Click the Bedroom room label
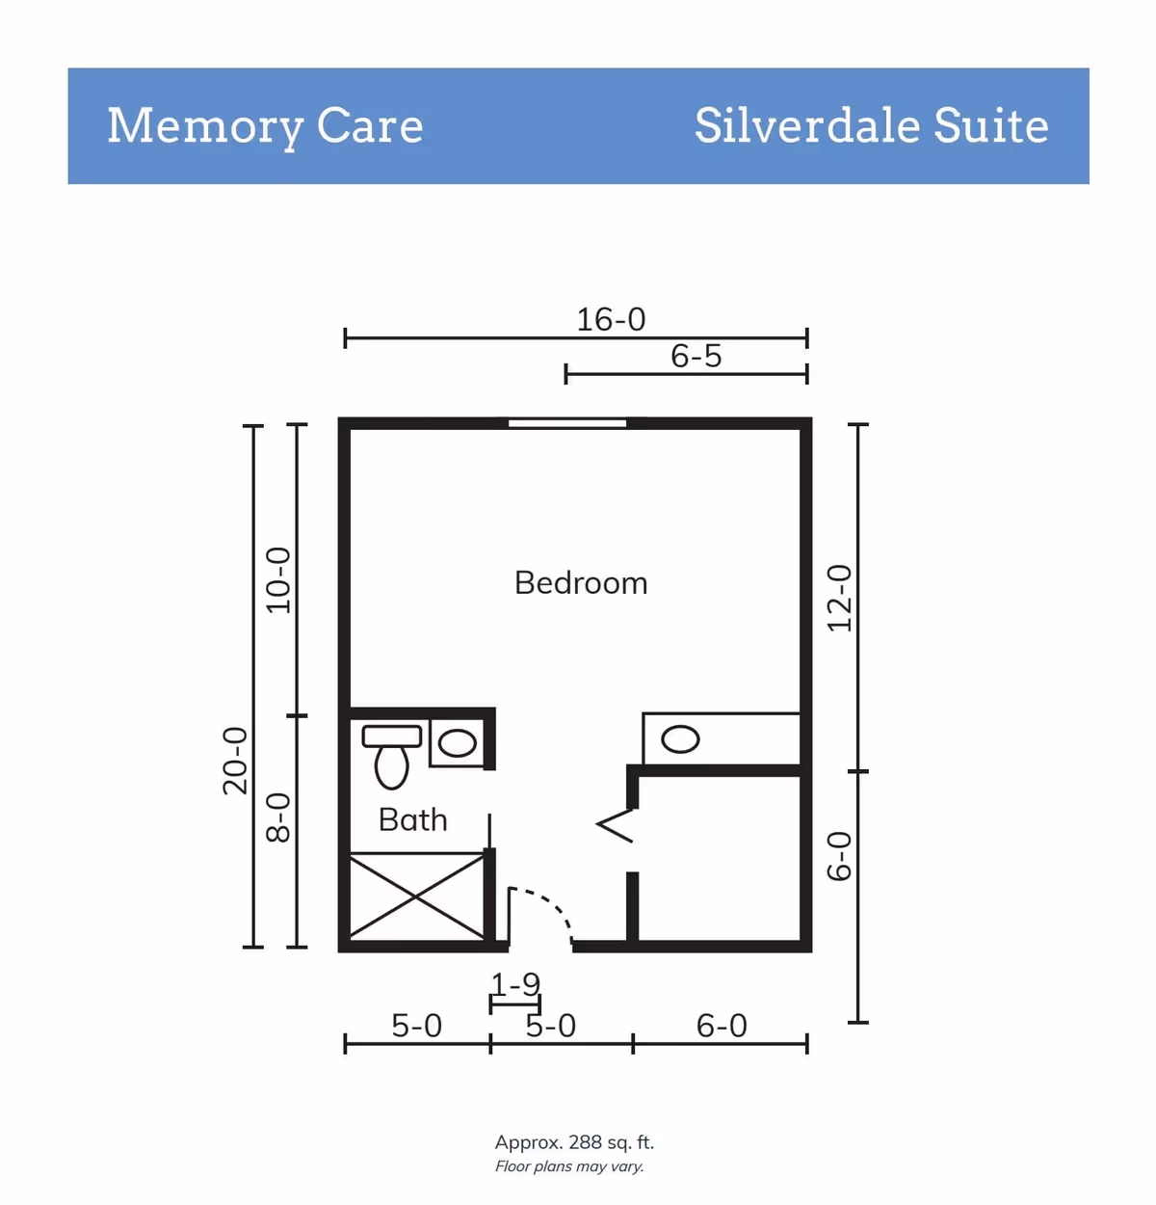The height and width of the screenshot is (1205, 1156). coord(581,583)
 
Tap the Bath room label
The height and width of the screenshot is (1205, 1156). coord(412,819)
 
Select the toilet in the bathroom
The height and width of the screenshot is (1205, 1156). coord(392,757)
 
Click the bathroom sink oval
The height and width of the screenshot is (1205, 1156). coord(458,743)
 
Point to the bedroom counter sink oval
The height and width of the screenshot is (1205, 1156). coord(680,738)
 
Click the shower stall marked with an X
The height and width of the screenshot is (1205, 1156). coord(417,896)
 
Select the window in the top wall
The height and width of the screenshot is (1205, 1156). coord(567,423)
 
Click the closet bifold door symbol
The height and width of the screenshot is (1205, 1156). coord(616,824)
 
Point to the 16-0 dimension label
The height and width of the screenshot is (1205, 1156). coord(611,319)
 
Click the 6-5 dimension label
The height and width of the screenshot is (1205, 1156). coord(696,356)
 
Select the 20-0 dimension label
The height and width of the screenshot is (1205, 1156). coord(235,761)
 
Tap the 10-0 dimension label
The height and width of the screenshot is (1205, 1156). coord(278,580)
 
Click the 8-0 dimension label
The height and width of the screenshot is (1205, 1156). coord(278,818)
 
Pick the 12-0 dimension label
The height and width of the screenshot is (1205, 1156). coord(840,599)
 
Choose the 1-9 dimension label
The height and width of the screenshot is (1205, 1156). coord(515,984)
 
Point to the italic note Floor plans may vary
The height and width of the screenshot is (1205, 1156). coord(569,1166)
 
